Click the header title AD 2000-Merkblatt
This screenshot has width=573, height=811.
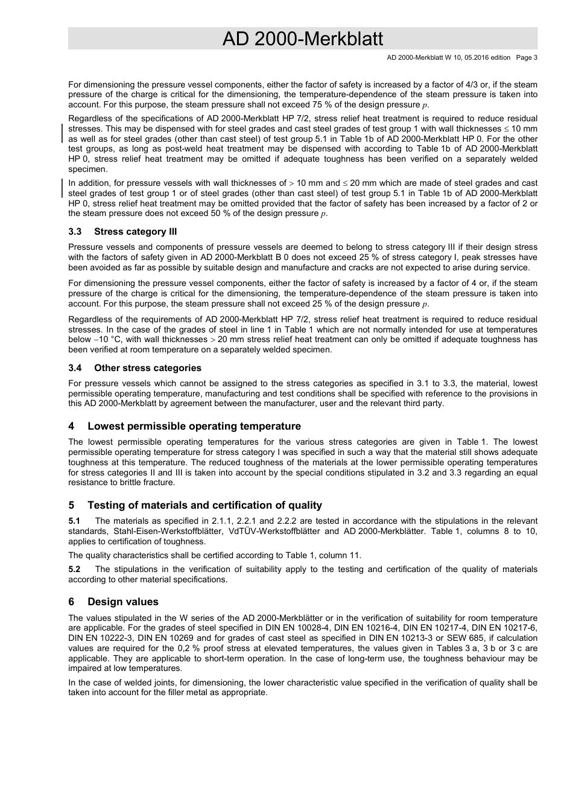point(302,39)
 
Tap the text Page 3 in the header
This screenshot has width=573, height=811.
point(527,58)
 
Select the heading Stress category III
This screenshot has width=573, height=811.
point(135,232)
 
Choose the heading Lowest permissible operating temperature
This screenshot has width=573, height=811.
point(194,426)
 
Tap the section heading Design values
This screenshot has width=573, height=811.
point(122,602)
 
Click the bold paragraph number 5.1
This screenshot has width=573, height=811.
point(74,521)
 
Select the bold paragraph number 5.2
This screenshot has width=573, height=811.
point(74,570)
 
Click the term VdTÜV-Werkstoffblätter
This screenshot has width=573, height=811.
point(272,532)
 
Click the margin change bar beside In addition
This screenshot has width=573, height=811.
point(63,188)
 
